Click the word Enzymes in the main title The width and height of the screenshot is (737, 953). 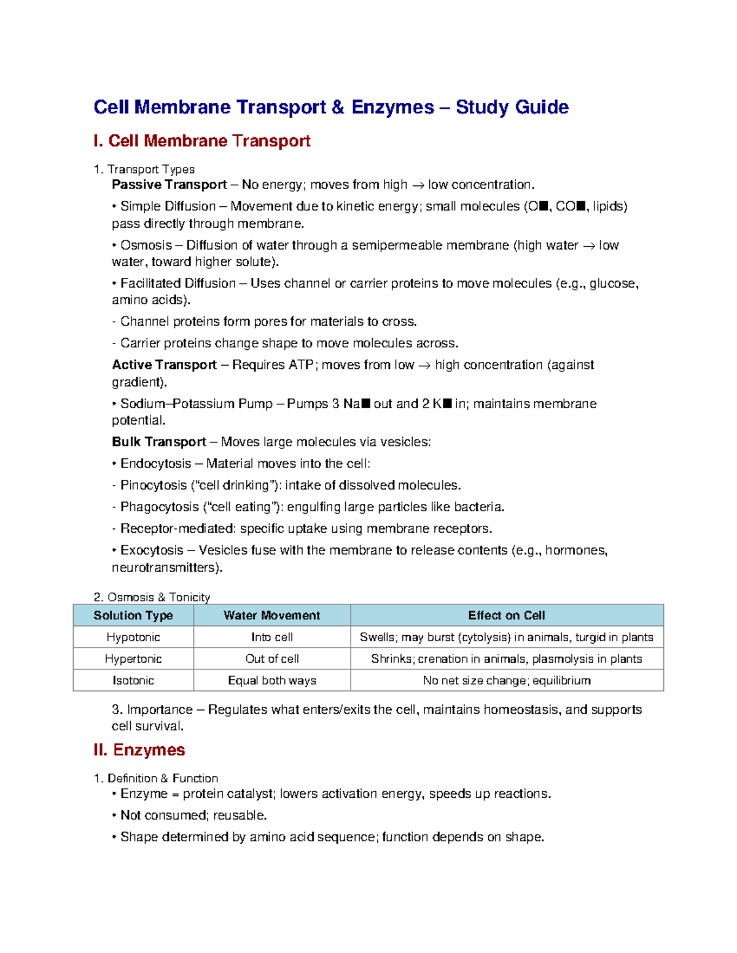coord(392,107)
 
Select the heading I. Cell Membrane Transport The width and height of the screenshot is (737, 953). coord(201,141)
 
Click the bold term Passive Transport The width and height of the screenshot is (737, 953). coord(170,185)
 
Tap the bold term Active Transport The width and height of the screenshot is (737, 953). coord(164,365)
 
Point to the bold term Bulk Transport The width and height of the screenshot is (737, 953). coord(159,442)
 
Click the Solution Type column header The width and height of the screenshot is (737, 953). coord(133,615)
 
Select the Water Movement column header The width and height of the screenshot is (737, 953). coord(271,615)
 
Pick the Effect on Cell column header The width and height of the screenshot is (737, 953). coord(506,615)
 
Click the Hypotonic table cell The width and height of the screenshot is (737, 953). coord(133,637)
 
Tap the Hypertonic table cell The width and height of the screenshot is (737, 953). coord(133,659)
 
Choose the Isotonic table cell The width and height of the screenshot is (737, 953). coord(133,681)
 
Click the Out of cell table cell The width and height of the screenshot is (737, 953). coord(271,659)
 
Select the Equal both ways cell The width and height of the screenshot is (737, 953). coord(271,681)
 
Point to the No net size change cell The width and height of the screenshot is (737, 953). coord(506,681)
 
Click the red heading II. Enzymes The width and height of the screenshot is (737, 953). coord(139,750)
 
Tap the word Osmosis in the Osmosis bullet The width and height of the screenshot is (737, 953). coord(146,245)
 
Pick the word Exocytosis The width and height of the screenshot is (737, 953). coord(152,550)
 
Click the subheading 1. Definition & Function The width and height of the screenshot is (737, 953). coord(156,778)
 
